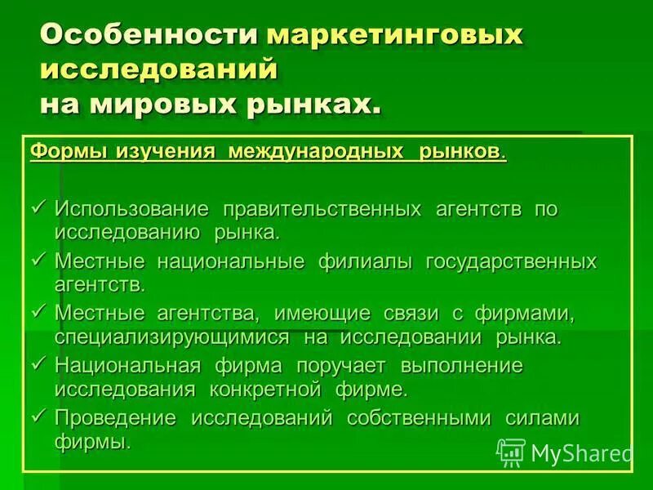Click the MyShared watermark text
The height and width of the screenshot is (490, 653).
pos(581,452)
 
